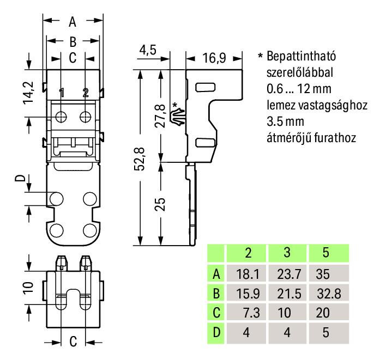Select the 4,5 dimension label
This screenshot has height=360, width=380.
coord(148,50)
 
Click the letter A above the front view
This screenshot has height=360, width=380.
coord(73,22)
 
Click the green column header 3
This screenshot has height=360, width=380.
coord(287,253)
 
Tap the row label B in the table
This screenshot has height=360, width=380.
coord(216,294)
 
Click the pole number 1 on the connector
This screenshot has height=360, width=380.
coord(62,93)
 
